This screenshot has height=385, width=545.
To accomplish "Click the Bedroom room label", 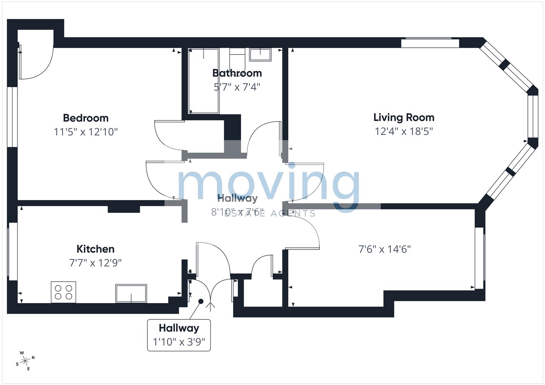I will coord(86,118).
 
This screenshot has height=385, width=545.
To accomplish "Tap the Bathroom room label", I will coord(237,73).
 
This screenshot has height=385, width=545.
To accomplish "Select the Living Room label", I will coord(404,117).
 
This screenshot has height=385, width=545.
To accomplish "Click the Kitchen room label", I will coord(95,249).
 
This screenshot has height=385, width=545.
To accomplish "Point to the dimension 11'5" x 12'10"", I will coord(86,132).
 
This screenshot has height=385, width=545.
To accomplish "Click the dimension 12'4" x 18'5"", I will coord(404,131).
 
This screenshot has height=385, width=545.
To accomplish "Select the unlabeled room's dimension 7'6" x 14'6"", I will coord(384,249).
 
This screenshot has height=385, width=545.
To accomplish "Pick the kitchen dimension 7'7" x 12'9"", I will coord(95,263).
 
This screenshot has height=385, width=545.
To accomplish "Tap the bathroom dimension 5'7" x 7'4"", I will coord(237,87).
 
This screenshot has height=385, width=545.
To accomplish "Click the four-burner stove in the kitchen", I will coord(64,292).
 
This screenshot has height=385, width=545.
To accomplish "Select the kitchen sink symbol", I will coord(131,293).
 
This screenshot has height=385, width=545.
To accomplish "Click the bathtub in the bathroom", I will coord(203,81).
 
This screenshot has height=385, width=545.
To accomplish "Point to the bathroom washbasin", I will coord(260,55).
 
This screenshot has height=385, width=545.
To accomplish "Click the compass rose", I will coord(25,361).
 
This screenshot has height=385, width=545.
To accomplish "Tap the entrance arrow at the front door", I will coord(211,306).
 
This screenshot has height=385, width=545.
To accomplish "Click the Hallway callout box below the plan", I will coord(179,335).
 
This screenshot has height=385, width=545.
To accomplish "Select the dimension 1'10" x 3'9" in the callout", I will coord(179,342).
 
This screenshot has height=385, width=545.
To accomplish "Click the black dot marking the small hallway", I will coord(201,301).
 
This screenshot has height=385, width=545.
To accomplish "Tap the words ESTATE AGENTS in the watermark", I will coord(270,214).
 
